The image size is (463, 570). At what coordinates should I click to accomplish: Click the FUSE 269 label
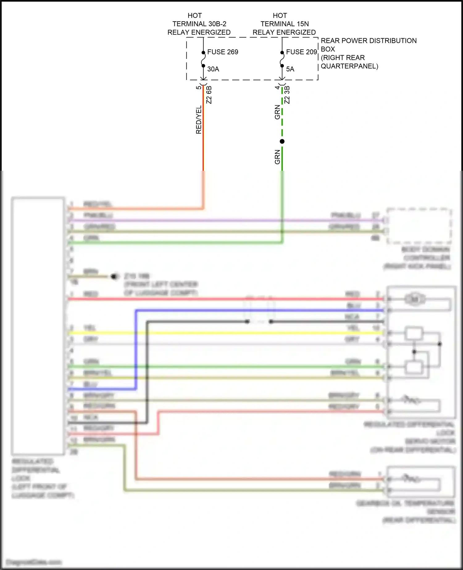(x=223, y=52)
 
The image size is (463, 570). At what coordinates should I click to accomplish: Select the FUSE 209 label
(x=301, y=52)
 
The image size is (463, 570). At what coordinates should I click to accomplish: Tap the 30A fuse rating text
(x=213, y=69)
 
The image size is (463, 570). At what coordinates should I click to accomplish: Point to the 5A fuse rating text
(x=290, y=69)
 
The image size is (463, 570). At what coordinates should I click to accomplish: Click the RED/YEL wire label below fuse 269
(x=198, y=119)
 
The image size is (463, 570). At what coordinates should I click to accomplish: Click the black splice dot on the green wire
(x=282, y=141)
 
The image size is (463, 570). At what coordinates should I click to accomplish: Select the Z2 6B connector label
(x=209, y=95)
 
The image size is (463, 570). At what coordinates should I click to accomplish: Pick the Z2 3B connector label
(x=287, y=95)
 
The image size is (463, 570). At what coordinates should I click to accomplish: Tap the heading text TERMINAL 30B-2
(x=199, y=24)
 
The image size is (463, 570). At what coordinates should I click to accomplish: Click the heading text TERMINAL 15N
(x=284, y=24)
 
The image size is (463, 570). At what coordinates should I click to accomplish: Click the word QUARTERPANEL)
(x=349, y=66)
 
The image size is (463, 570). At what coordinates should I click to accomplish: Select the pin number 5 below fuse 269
(x=198, y=87)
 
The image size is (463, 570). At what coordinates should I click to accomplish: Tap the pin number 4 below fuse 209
(x=277, y=87)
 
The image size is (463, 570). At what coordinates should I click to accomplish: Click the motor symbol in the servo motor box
(x=415, y=299)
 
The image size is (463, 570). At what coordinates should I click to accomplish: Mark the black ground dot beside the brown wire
(x=115, y=276)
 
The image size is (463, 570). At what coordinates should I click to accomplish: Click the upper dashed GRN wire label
(x=277, y=112)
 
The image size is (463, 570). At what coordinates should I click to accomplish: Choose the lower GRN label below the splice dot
(x=277, y=157)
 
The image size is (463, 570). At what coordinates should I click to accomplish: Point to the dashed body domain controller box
(x=419, y=226)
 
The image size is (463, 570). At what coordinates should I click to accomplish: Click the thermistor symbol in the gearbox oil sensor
(x=411, y=479)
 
